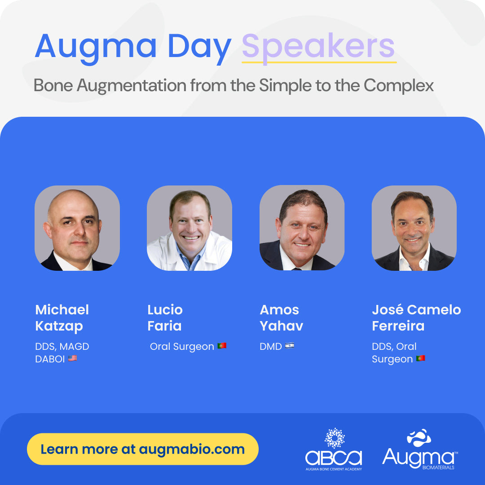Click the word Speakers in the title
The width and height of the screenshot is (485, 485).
(318, 46)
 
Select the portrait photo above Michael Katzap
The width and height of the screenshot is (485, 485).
(77, 228)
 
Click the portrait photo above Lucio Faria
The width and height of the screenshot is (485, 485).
(190, 228)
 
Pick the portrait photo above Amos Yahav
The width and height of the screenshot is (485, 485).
(302, 228)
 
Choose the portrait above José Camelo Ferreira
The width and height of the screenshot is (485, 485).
(414, 228)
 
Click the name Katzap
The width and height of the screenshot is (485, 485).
(59, 326)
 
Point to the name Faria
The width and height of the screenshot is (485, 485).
(164, 326)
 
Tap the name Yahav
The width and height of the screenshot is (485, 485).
(282, 326)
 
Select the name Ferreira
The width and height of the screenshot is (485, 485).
(398, 326)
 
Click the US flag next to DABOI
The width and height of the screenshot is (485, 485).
(73, 358)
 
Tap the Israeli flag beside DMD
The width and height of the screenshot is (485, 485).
(290, 346)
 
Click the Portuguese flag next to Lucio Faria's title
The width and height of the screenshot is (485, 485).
(222, 346)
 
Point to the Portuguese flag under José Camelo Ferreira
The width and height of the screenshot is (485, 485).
(420, 359)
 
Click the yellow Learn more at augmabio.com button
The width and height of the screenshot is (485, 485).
(143, 449)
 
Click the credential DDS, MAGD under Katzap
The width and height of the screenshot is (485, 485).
(62, 347)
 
